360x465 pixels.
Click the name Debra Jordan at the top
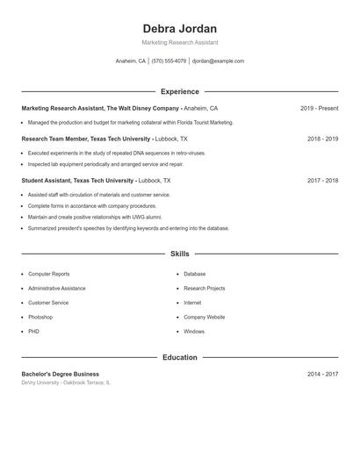point(179,28)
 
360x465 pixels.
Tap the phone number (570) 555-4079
point(169,61)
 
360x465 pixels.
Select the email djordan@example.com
point(218,61)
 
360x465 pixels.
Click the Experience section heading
point(179,91)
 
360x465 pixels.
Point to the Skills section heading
point(179,254)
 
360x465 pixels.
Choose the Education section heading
point(179,358)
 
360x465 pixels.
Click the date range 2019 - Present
point(319,108)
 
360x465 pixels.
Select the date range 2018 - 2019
point(322,139)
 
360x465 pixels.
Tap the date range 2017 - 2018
point(322,181)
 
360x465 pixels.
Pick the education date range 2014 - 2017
point(322,374)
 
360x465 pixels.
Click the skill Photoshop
point(40,317)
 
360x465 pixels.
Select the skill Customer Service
point(48,303)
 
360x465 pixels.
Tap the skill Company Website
point(204,317)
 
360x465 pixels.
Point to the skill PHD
point(33,332)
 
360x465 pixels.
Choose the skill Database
point(194,274)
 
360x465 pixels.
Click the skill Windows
point(194,332)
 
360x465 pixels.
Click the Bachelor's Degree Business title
point(61,374)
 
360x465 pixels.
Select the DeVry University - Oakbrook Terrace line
point(66,383)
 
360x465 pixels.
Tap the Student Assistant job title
point(52,181)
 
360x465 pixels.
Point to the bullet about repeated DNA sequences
point(116,153)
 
